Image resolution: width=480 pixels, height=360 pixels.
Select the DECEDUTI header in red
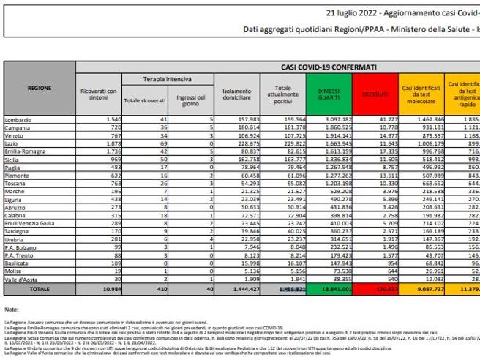[x=378, y=94]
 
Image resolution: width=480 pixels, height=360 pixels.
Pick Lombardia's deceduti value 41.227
[x=384, y=118]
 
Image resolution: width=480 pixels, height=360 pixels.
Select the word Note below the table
[x=11, y=310]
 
